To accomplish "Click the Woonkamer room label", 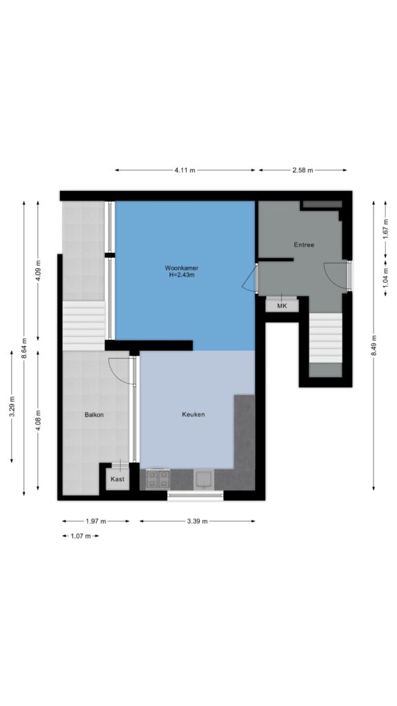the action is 181,268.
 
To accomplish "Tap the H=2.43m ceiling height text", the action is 181,275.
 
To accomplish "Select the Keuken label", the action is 194,414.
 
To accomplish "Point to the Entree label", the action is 304,245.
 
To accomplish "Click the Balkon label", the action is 94,414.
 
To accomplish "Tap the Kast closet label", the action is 117,479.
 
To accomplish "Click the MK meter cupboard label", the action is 282,306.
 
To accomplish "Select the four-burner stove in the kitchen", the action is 158,479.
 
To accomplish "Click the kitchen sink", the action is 204,479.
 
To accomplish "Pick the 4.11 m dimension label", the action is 185,170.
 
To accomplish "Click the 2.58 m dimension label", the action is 302,170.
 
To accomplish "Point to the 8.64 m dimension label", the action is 24,348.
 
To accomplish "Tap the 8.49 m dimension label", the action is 373,346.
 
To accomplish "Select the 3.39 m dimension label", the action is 197,521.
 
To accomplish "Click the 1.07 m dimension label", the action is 81,536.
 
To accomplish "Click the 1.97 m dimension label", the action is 95,521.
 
